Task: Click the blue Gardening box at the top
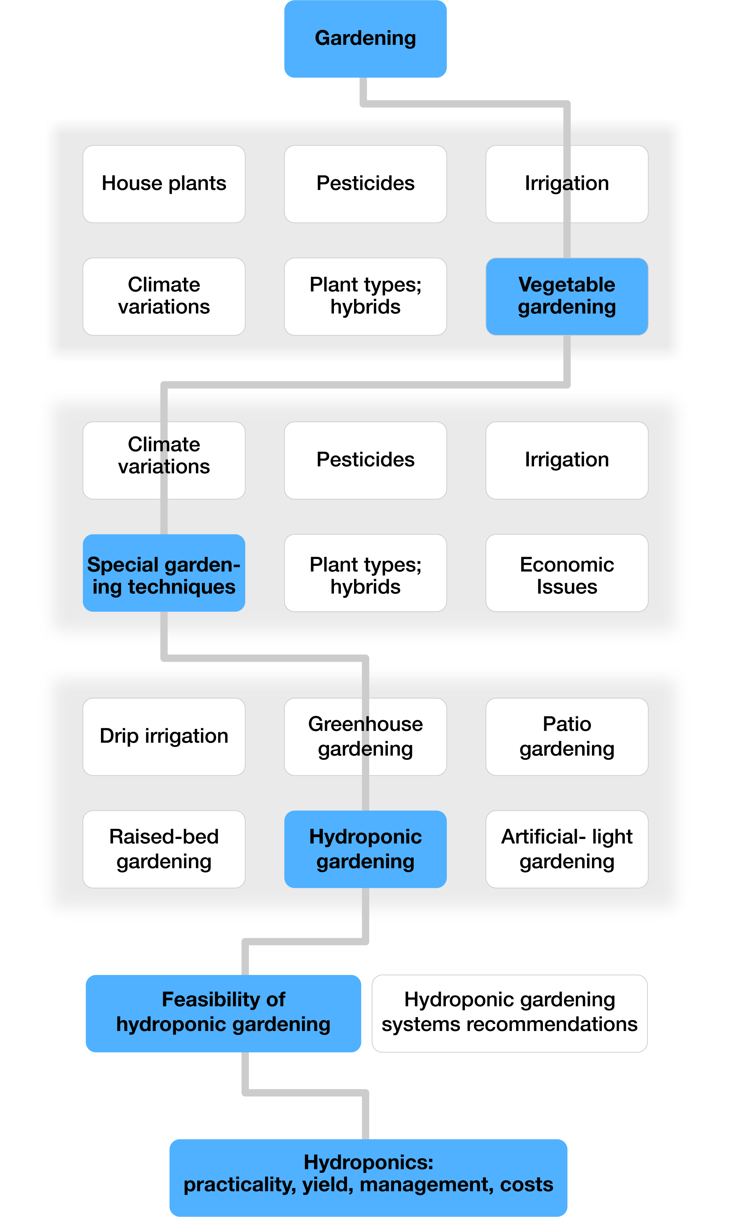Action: [x=365, y=38]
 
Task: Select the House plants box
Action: [x=164, y=184]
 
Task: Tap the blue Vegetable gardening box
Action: [x=567, y=296]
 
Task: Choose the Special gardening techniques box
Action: [x=164, y=573]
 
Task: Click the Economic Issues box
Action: [x=567, y=573]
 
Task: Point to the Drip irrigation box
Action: [x=164, y=736]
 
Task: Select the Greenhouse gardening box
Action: [x=365, y=736]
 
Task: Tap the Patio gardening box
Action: [x=567, y=736]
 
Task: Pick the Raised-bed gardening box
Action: [x=164, y=849]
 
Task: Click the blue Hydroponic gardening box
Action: [x=365, y=849]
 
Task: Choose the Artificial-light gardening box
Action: [x=567, y=849]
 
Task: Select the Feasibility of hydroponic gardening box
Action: [x=223, y=1013]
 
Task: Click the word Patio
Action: [x=567, y=724]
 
